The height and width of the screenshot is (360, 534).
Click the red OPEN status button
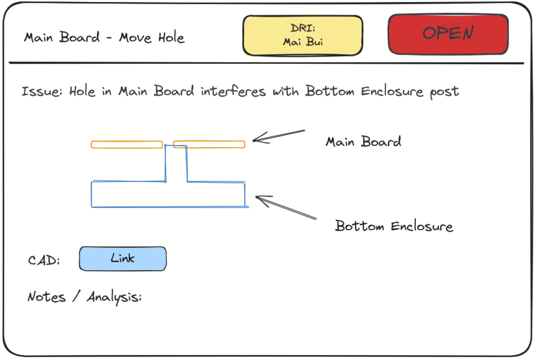pos(448,34)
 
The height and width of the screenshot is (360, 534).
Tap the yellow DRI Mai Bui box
pos(303,36)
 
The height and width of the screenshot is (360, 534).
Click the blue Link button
pos(123,259)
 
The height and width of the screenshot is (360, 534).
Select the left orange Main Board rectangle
pos(127,144)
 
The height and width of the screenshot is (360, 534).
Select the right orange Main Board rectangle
pos(209,144)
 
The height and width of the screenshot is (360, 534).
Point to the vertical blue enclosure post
pos(176,163)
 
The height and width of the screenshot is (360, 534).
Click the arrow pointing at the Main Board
pos(279,136)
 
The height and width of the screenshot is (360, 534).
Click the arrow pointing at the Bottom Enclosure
pos(286,207)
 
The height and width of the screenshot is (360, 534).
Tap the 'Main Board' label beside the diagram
pos(363,141)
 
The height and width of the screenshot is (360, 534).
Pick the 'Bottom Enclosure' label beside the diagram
pos(394,226)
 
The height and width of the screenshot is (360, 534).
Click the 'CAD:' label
pos(44,260)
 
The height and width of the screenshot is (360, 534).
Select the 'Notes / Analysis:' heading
pos(85,297)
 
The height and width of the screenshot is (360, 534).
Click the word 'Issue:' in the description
pos(42,91)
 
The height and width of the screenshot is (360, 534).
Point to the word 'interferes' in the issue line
pos(233,91)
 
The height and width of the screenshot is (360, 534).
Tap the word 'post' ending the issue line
pos(444,92)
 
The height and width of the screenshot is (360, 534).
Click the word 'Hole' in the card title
pos(171,37)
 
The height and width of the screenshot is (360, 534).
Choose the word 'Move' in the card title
pos(135,37)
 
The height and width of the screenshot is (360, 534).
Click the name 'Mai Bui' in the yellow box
pos(303,42)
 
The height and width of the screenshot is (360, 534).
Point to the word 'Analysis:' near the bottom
pos(114,297)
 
